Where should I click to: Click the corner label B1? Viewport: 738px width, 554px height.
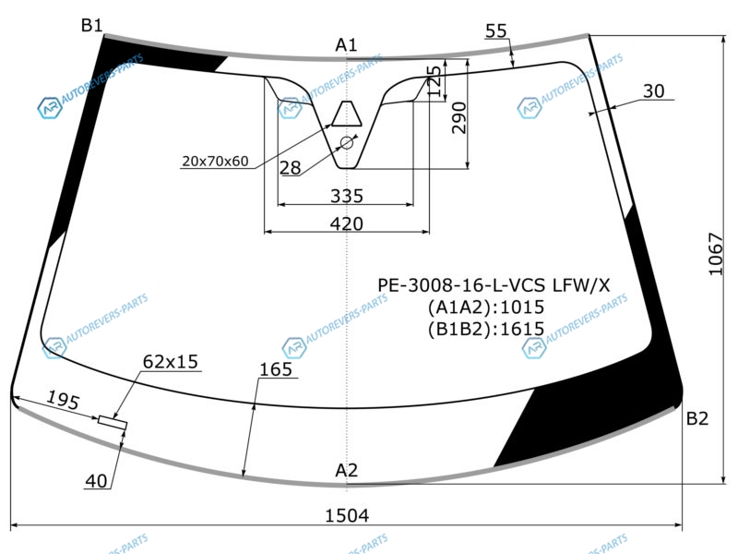pos(91,26)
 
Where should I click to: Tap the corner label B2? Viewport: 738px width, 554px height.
pos(696,419)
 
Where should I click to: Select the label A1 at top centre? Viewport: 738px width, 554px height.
pos(346,44)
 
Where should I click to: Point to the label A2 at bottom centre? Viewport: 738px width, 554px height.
pos(346,471)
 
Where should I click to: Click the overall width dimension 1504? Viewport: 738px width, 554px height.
pos(347,516)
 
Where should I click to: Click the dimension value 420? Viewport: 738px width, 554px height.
pos(346,223)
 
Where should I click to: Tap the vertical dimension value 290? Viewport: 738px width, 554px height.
pos(458,117)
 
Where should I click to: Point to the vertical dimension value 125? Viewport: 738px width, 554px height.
pos(434,83)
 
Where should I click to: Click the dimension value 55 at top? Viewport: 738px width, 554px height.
pos(495,31)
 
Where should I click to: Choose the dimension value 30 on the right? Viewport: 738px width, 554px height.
pos(653,90)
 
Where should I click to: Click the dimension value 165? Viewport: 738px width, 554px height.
pos(275,369)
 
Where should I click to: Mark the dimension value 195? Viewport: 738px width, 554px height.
pos(63,401)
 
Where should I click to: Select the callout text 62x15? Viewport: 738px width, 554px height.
pos(171,362)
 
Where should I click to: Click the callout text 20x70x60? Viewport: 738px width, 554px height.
pos(215,161)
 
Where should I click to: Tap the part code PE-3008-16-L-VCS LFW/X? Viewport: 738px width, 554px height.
pos(494,285)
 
